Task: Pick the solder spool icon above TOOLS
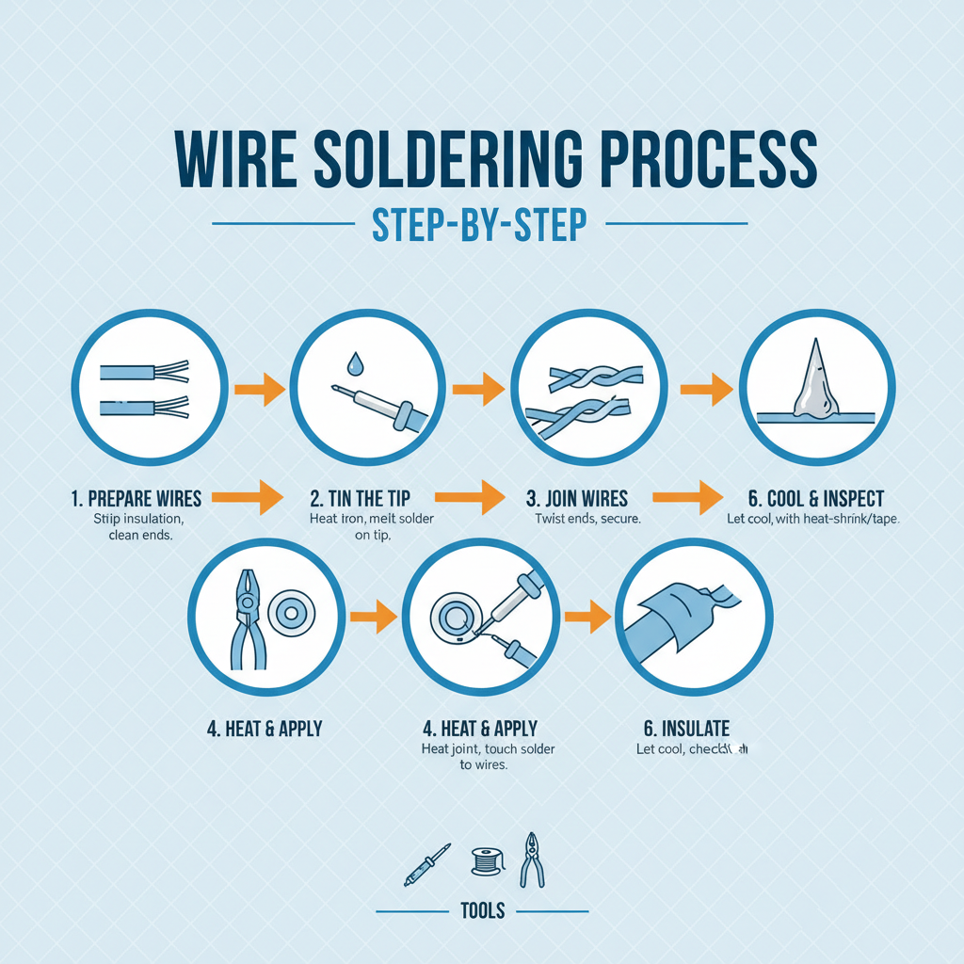[483, 860]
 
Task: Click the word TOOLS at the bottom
[482, 910]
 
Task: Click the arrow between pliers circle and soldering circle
[371, 619]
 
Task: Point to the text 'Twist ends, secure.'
[587, 520]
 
